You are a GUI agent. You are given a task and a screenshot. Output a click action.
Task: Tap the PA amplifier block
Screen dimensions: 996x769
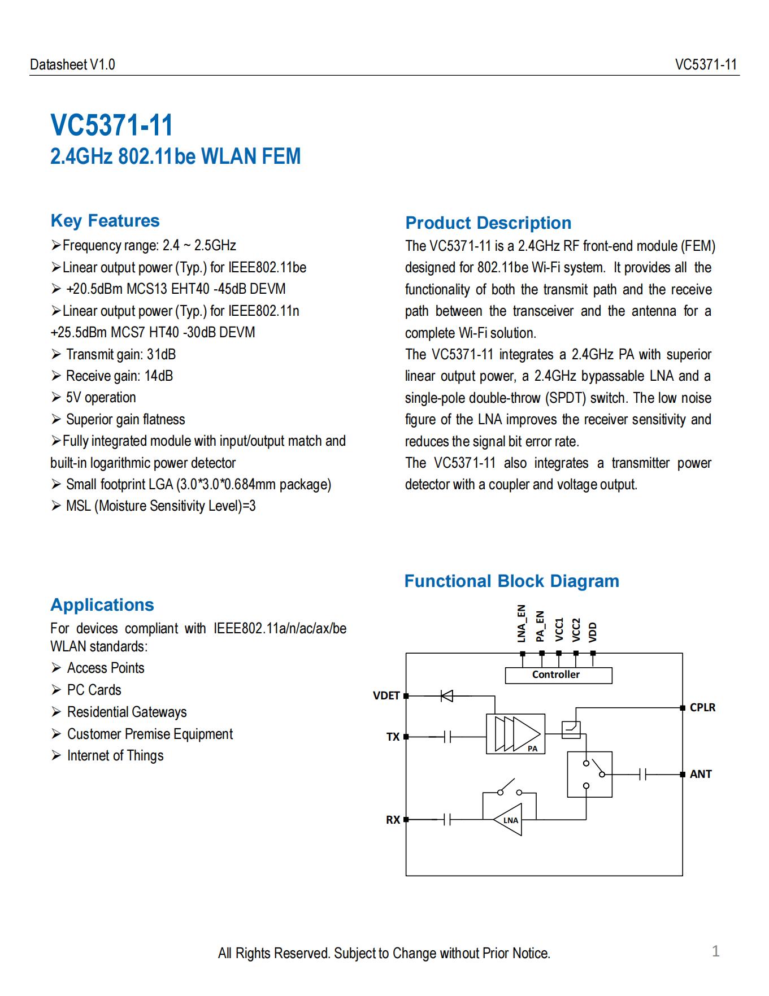click(x=515, y=734)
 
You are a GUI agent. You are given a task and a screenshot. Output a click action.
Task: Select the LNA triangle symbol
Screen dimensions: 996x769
click(x=509, y=820)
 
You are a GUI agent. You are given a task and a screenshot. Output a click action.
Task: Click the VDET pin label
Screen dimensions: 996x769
click(x=386, y=696)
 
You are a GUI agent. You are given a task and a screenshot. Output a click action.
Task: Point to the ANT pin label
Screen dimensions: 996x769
click(x=701, y=775)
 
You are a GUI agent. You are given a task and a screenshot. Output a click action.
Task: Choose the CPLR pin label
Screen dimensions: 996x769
click(x=702, y=708)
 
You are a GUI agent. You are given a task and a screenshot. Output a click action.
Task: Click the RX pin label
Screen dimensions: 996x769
click(x=393, y=820)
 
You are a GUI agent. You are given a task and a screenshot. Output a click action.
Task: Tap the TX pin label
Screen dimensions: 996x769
click(x=393, y=737)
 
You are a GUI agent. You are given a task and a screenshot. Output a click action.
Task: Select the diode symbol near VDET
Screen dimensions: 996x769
click(x=447, y=696)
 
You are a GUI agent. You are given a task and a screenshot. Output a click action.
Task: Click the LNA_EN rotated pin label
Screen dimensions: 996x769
click(x=522, y=624)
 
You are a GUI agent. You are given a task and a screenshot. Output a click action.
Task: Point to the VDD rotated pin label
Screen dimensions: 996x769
click(x=593, y=632)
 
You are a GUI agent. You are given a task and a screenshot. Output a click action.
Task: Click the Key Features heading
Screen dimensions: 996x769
click(x=105, y=221)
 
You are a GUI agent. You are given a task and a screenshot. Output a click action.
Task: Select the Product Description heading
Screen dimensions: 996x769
click(x=488, y=223)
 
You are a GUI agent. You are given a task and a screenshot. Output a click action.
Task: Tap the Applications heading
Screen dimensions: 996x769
click(x=102, y=605)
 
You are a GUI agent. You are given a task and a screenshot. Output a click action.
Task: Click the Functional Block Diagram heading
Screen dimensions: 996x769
click(x=511, y=581)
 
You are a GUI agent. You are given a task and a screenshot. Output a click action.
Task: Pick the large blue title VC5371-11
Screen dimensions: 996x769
click(x=112, y=125)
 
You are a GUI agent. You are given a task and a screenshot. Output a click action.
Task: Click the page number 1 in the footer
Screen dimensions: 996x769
click(x=715, y=951)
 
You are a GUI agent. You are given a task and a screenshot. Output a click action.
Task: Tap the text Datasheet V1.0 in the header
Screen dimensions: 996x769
click(x=72, y=65)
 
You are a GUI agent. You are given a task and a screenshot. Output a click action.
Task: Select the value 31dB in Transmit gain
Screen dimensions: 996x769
click(x=161, y=355)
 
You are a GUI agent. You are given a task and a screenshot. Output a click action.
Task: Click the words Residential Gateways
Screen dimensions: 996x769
click(x=127, y=712)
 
